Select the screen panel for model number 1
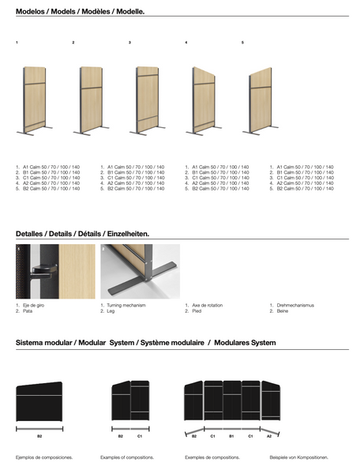35,99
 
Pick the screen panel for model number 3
148,99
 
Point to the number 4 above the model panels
186,41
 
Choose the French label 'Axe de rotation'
208,305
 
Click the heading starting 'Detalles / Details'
82,235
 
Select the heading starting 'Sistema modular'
146,343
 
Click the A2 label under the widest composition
269,435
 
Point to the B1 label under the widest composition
231,435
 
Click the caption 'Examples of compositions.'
127,457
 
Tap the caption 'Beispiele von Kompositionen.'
298,457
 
